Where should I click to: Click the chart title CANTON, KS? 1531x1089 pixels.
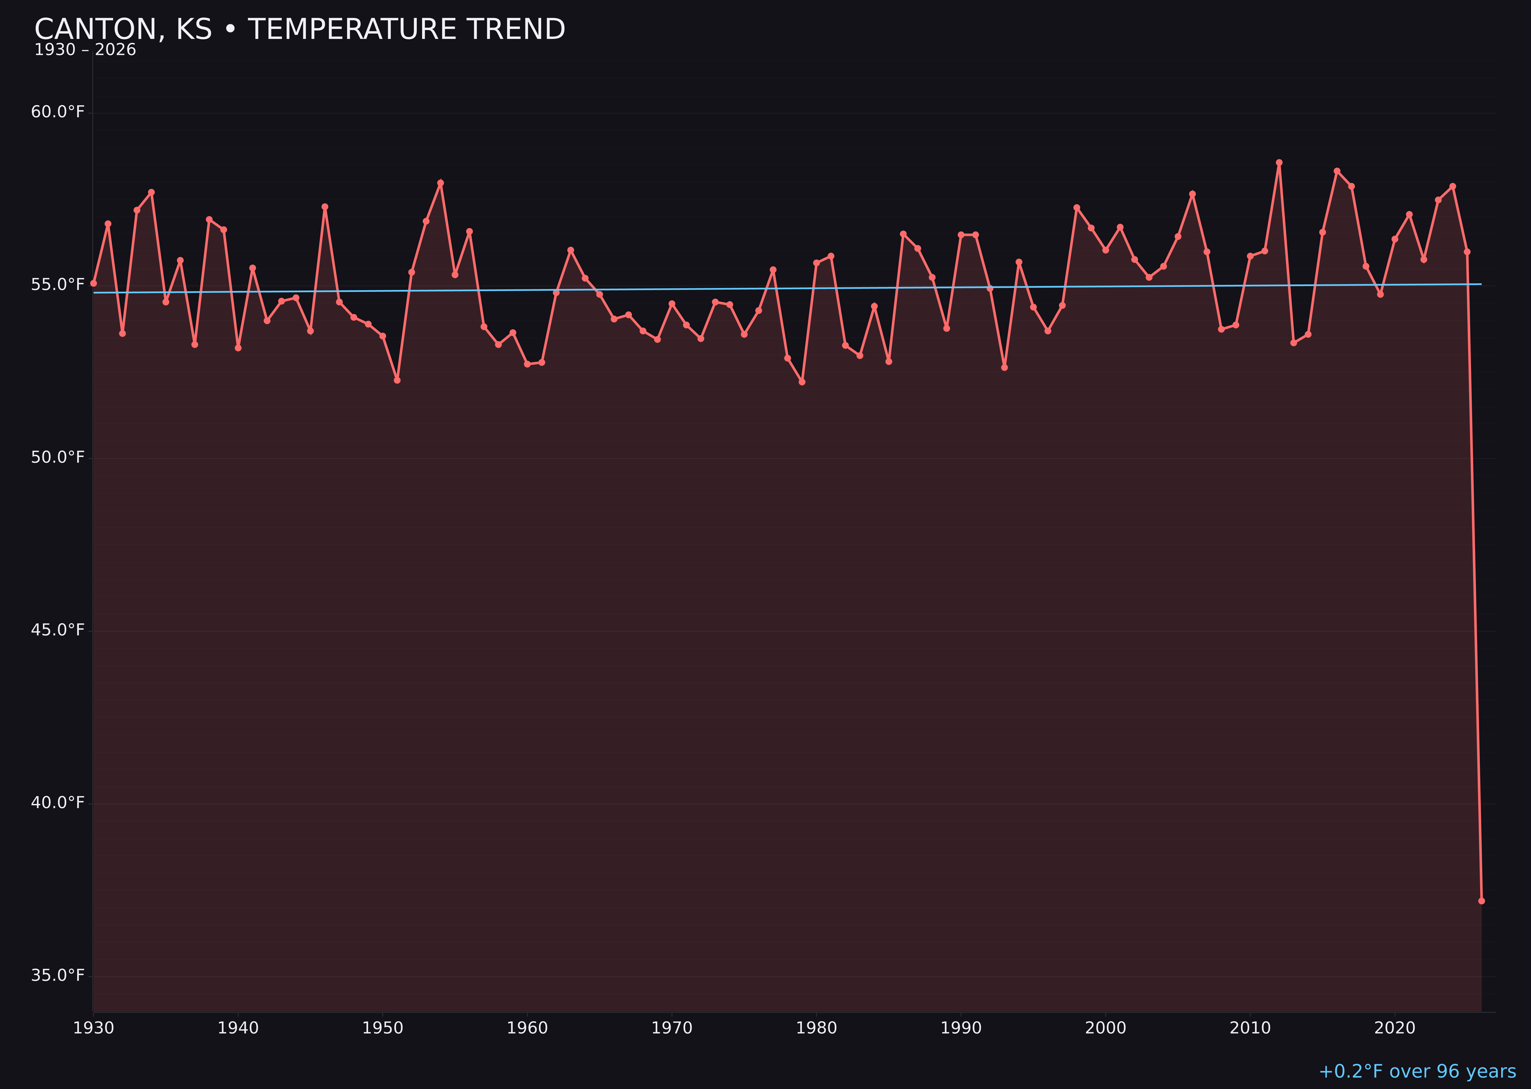[x=300, y=29]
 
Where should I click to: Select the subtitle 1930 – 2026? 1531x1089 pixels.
[x=85, y=50]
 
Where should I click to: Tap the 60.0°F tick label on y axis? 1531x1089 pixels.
[x=58, y=112]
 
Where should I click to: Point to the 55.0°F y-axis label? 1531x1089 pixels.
[x=58, y=285]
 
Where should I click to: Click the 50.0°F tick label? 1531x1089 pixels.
[x=58, y=457]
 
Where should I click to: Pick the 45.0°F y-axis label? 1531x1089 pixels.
[x=58, y=630]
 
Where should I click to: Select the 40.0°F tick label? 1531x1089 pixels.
[x=58, y=803]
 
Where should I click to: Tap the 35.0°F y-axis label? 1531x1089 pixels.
[x=58, y=975]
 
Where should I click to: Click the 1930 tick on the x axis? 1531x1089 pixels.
[x=93, y=1028]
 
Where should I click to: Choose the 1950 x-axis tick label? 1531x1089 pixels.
[x=383, y=1028]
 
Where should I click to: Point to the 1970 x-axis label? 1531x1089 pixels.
[x=672, y=1028]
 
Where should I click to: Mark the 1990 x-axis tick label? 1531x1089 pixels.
[x=961, y=1028]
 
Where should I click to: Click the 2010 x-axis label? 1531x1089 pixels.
[x=1250, y=1028]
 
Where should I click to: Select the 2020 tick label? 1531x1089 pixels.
[x=1395, y=1028]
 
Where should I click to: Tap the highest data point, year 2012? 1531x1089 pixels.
[x=1279, y=162]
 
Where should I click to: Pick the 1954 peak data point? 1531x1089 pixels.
[x=441, y=182]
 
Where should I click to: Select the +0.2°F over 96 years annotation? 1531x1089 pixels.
[x=1417, y=1071]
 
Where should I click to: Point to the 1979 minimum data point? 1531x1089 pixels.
[x=802, y=381]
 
